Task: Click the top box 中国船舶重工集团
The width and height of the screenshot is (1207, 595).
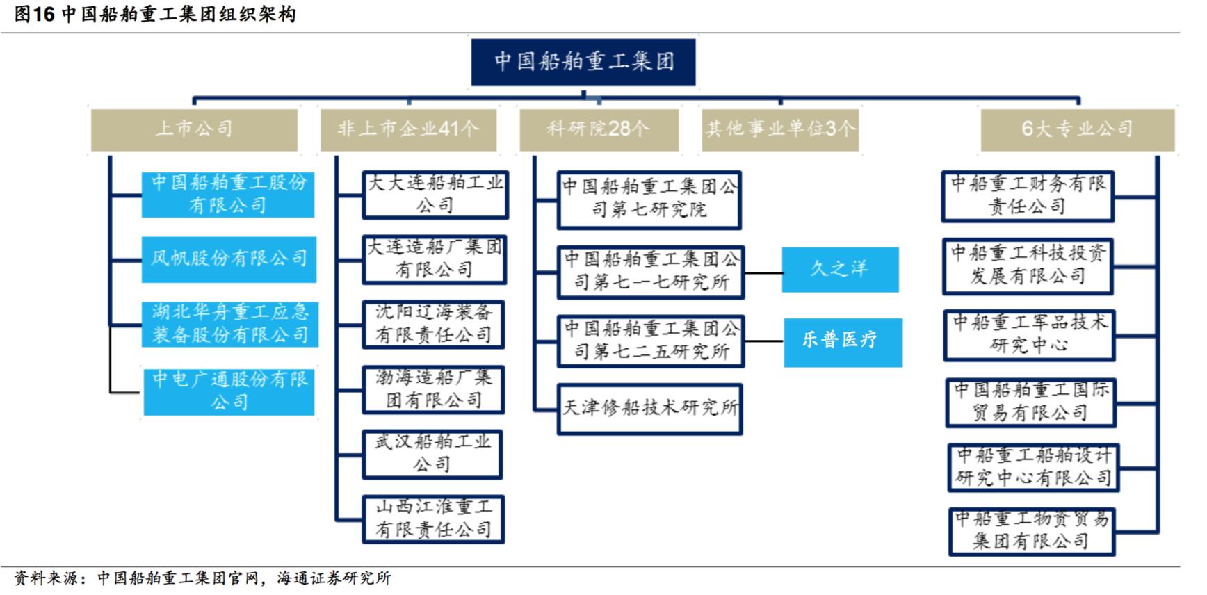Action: (583, 62)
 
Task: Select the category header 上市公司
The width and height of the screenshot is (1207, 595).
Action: (194, 129)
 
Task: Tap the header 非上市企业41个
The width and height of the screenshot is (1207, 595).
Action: (408, 129)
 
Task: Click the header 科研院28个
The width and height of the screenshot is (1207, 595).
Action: (599, 129)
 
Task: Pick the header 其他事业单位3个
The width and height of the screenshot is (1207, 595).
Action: (780, 129)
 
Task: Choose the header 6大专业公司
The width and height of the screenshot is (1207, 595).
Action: (1077, 129)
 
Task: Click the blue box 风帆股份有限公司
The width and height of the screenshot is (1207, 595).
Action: (229, 259)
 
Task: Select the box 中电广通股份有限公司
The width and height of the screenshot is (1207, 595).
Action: (229, 391)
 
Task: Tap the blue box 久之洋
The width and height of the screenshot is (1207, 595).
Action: (840, 270)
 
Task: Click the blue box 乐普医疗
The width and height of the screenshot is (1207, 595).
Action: (843, 342)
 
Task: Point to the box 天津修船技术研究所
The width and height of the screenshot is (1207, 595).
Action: (649, 409)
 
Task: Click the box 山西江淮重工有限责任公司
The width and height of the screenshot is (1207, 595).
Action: (433, 519)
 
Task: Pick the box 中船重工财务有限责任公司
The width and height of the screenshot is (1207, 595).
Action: (1028, 197)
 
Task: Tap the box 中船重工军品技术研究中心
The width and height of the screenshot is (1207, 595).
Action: (1029, 335)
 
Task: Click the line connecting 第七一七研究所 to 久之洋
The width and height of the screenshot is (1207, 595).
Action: (763, 272)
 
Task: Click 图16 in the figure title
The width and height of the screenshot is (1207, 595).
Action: (34, 15)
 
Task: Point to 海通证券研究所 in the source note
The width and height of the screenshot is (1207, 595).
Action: (334, 578)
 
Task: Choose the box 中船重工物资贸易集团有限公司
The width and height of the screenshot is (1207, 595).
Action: (1032, 531)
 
